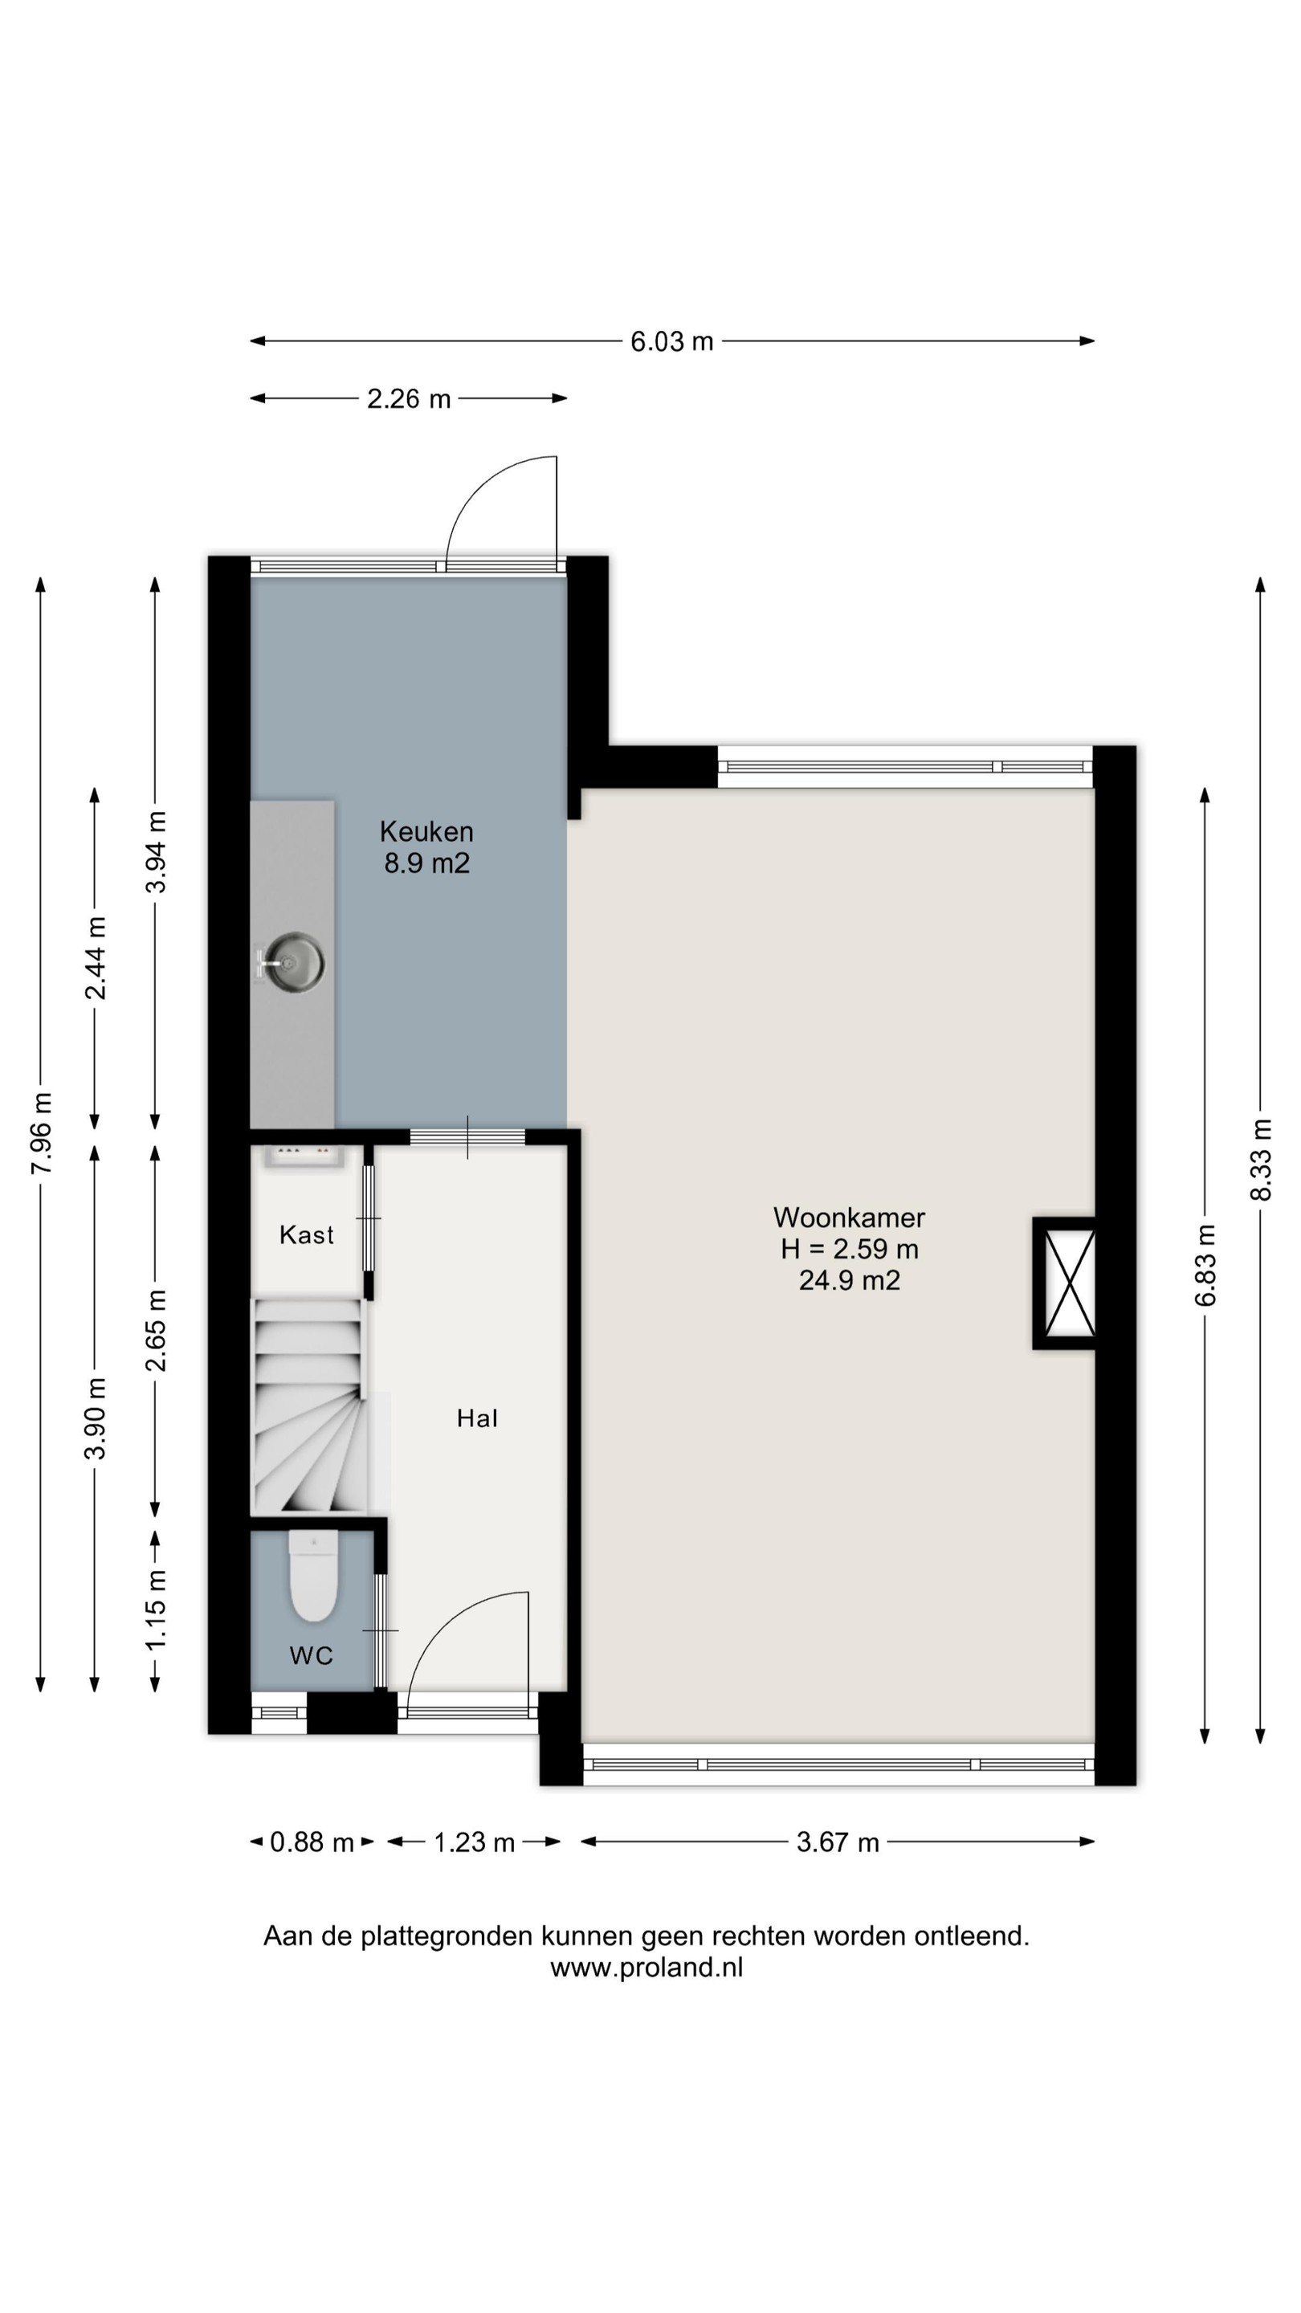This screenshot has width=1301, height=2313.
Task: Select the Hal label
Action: coord(477,1418)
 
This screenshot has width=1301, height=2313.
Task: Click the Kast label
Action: coord(306,1234)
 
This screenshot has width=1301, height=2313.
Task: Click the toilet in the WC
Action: coord(313,1576)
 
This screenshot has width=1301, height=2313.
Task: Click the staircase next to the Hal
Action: coord(310,1407)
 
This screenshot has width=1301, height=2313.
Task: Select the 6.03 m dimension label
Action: coord(671,341)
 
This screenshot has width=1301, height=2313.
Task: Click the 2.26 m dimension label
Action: coord(409,398)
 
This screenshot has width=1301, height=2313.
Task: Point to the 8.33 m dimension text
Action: coord(1261,1159)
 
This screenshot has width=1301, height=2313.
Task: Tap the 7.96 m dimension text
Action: coord(41,1133)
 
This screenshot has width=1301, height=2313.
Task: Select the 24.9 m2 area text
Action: coord(850,1279)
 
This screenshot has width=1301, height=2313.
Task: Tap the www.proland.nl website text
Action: coord(646,1968)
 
